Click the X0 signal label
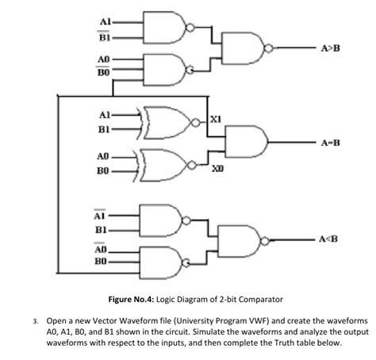[x=217, y=170]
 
